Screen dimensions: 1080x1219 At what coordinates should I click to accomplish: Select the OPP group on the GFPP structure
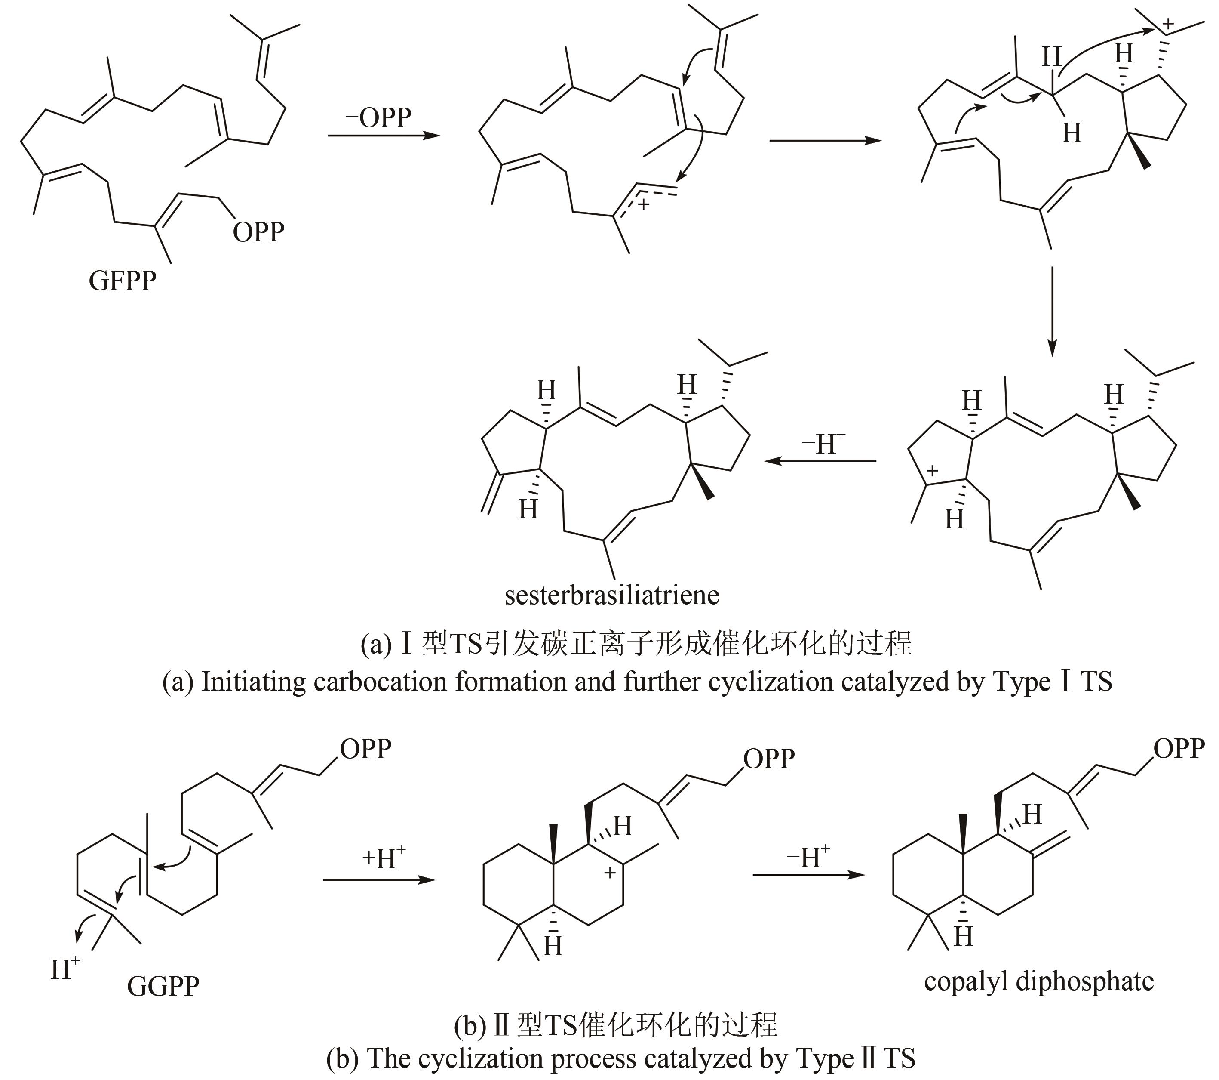[258, 232]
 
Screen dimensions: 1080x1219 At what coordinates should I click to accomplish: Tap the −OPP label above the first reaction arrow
[379, 117]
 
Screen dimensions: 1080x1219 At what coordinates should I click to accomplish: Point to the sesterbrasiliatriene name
[612, 596]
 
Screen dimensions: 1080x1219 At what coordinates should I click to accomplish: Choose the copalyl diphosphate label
[1038, 981]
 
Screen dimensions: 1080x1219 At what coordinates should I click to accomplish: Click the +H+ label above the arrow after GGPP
[384, 859]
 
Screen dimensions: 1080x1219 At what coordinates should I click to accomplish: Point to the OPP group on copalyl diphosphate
[1179, 748]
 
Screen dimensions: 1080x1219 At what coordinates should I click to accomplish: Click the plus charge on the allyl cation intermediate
[644, 205]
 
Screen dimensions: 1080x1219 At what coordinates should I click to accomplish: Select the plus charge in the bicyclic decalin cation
[610, 873]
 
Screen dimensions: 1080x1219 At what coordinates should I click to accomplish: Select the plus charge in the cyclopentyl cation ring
[932, 471]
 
